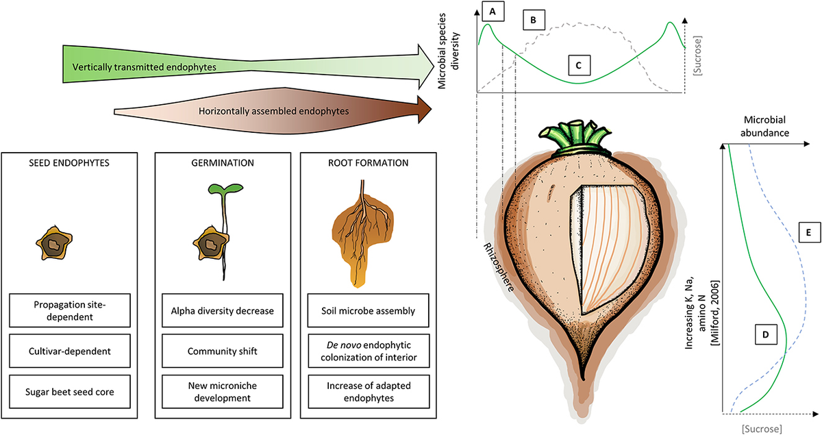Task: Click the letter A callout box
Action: [492, 11]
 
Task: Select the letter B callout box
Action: [534, 21]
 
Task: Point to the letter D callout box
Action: [764, 335]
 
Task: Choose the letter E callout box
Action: [809, 234]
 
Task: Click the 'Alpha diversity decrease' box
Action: [222, 310]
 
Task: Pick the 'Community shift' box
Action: [222, 351]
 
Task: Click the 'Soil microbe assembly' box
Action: [368, 310]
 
